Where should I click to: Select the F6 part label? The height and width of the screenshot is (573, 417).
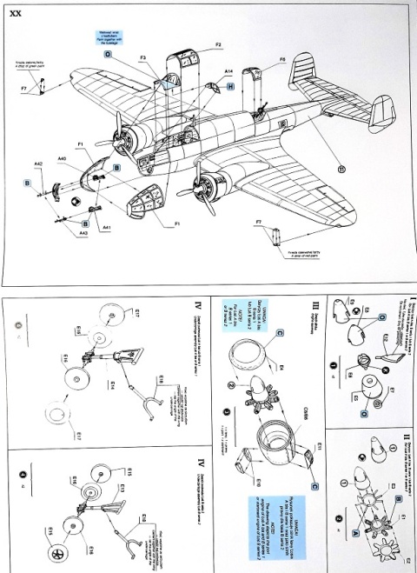click(260, 60)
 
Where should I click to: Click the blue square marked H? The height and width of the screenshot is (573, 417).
click(230, 88)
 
